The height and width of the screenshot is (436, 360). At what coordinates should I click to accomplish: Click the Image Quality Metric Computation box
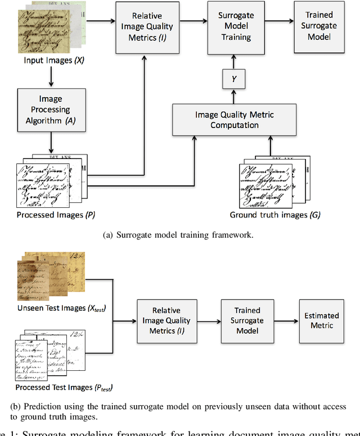tap(235, 120)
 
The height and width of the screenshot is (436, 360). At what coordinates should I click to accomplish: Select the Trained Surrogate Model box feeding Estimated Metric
tap(247, 320)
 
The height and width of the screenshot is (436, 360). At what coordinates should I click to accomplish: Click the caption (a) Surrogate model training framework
tap(179, 235)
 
